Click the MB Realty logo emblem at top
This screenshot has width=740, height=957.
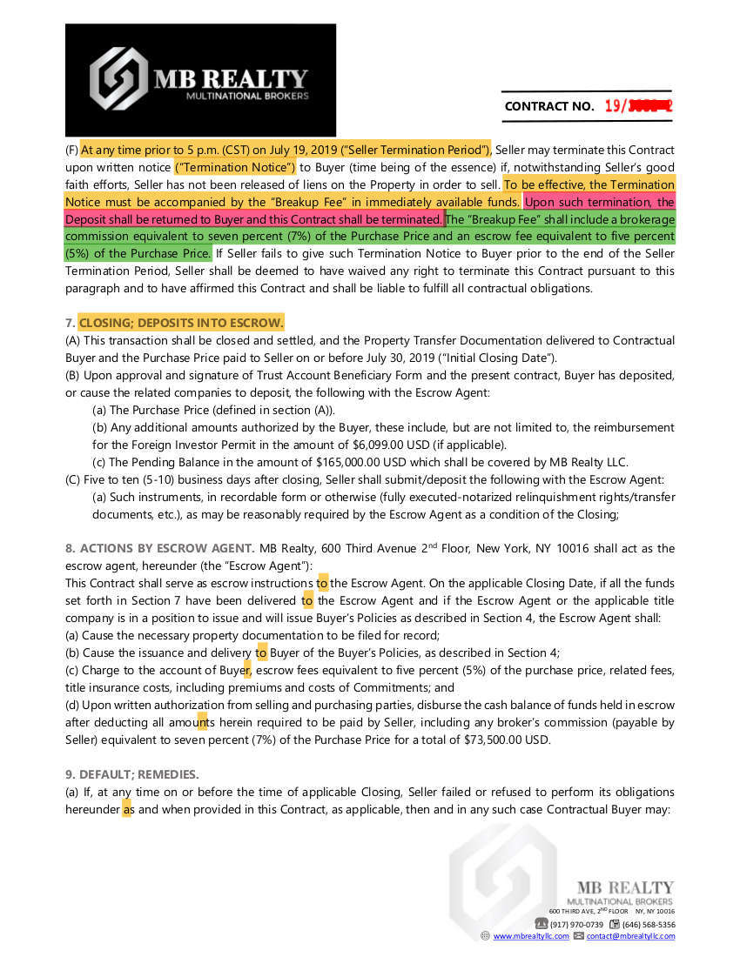point(119,78)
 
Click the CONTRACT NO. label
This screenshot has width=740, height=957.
point(549,106)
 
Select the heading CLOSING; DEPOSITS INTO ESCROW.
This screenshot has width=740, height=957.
point(181,323)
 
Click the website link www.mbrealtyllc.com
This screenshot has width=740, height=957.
point(531,936)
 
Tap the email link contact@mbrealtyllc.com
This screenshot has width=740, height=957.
point(630,936)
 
